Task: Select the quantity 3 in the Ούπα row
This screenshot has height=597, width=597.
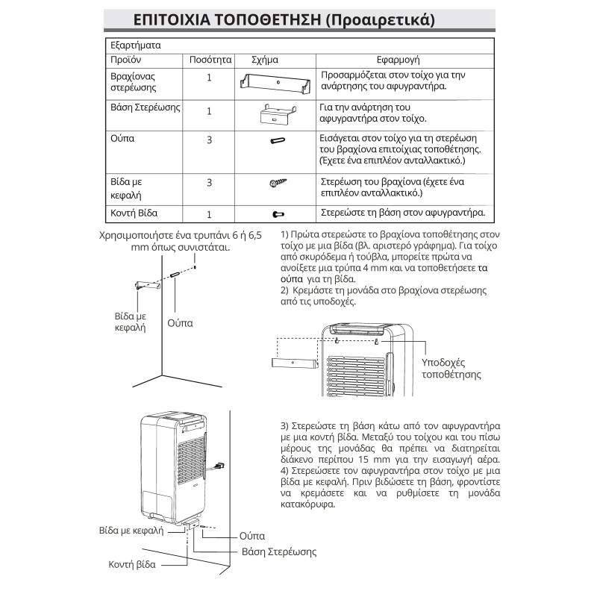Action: [x=210, y=140]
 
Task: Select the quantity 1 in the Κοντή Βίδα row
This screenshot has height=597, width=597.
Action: [x=210, y=213]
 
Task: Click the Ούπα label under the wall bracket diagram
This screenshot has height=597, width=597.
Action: [x=180, y=323]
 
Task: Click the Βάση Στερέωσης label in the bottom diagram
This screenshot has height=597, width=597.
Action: [x=279, y=552]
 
